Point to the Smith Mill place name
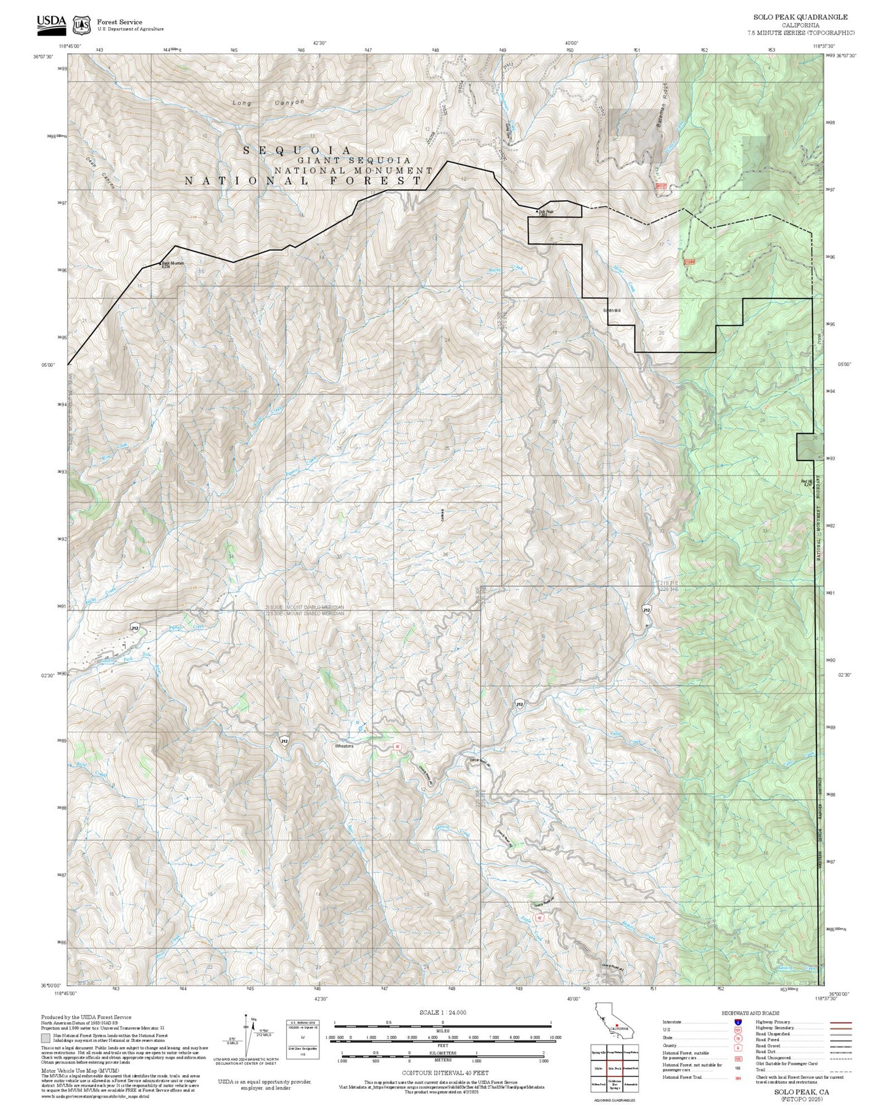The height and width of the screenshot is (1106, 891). [611, 311]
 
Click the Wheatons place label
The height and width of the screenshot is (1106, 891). [344, 746]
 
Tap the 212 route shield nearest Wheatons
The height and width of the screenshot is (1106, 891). [284, 740]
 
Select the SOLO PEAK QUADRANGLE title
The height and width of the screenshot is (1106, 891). [800, 17]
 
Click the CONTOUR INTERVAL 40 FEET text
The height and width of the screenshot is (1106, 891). [445, 1073]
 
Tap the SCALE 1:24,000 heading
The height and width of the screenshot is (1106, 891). [443, 1012]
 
